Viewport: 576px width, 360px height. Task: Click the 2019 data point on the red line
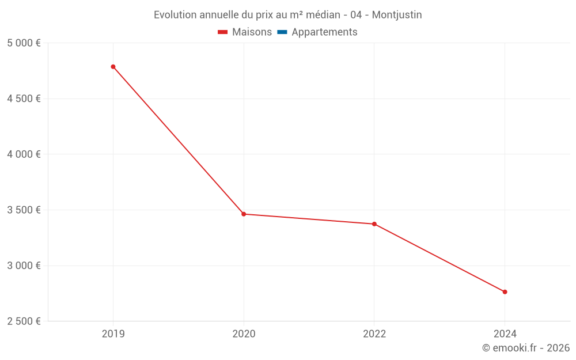[113, 67]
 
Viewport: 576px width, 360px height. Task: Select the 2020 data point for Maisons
[244, 214]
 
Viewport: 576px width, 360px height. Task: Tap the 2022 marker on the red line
[374, 224]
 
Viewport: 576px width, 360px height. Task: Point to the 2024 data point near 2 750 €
[505, 292]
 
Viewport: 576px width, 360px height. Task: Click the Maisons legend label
[252, 32]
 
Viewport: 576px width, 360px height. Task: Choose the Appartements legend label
[324, 32]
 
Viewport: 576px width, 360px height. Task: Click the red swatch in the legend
[223, 32]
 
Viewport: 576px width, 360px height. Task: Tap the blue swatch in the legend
[282, 32]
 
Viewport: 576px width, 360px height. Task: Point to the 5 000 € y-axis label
[24, 43]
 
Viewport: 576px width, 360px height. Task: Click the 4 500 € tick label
[24, 98]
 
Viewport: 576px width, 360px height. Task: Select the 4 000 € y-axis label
[24, 154]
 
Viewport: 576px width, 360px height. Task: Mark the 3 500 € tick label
[24, 210]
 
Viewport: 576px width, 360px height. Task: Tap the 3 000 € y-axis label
[24, 266]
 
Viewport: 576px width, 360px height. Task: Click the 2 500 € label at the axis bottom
[24, 321]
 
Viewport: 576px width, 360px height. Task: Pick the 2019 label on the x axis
[113, 334]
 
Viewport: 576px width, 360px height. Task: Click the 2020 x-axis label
[244, 334]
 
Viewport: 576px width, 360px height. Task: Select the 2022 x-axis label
[374, 334]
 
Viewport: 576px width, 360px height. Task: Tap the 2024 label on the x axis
[505, 334]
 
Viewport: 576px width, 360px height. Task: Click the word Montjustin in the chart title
[397, 15]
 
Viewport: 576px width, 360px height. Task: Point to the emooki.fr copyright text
[526, 348]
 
